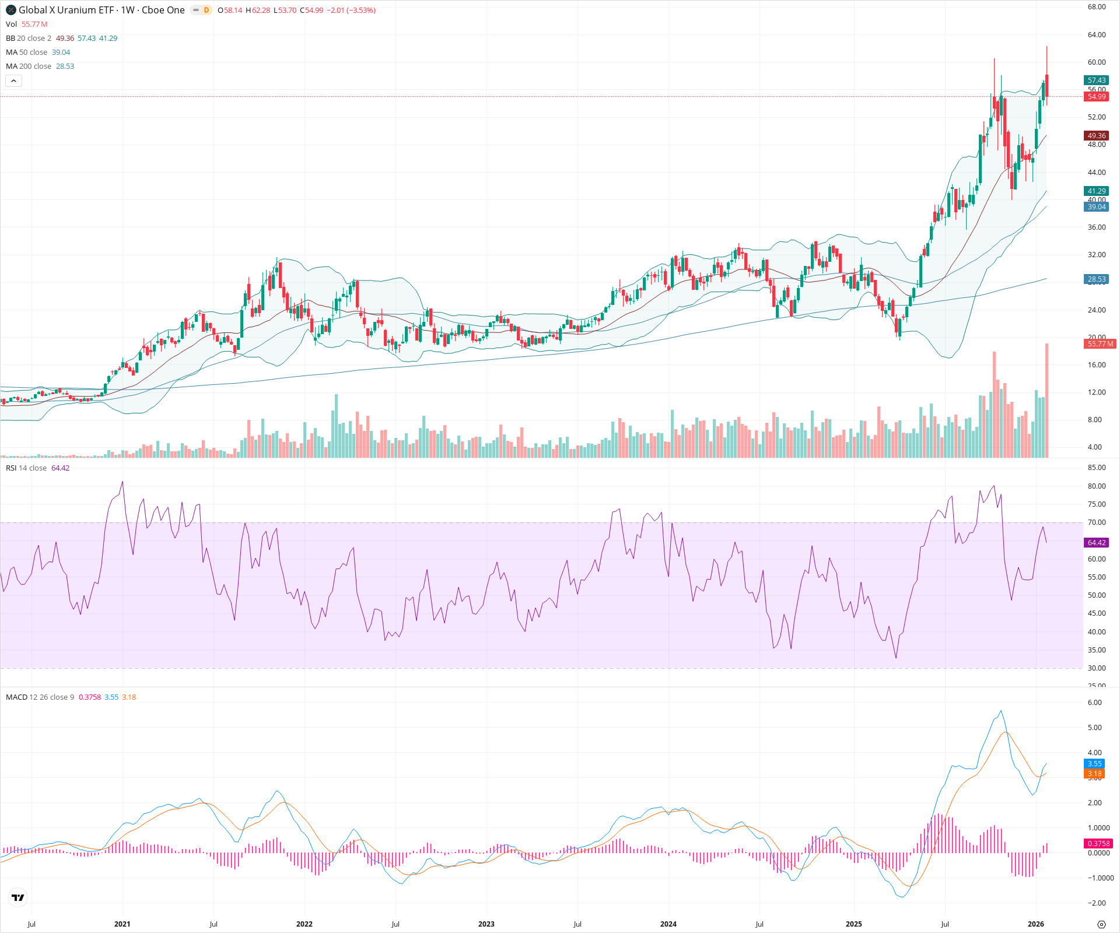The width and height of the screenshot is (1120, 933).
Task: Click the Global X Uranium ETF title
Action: tap(101, 10)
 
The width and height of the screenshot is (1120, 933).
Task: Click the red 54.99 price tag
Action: tap(1096, 97)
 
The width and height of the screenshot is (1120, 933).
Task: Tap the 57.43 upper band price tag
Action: tap(1096, 80)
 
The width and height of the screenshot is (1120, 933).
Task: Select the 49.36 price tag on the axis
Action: tap(1096, 136)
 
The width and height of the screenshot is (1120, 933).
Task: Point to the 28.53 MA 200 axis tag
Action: tap(1096, 279)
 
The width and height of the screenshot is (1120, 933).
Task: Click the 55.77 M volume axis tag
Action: tap(1100, 344)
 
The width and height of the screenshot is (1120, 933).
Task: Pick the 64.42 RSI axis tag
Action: tap(1096, 543)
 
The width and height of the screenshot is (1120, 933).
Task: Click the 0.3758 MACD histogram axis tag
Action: tap(1098, 844)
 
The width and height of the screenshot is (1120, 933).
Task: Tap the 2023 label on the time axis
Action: tap(486, 924)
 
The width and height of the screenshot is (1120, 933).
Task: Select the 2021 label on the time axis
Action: tap(122, 924)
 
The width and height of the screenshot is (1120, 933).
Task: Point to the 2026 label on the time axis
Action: tap(1035, 924)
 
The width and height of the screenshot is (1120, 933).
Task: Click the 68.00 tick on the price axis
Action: tap(1097, 7)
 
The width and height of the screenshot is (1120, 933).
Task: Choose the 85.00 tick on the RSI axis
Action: tap(1097, 468)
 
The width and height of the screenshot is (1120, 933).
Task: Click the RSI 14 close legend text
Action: tap(26, 468)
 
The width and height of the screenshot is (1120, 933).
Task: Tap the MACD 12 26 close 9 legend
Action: tap(40, 697)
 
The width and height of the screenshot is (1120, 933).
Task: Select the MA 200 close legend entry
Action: tap(29, 66)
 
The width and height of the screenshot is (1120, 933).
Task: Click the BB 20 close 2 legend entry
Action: tap(29, 38)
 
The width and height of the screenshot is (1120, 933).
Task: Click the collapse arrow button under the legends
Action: tap(14, 81)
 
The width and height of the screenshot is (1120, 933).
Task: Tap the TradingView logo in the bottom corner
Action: tap(18, 897)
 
